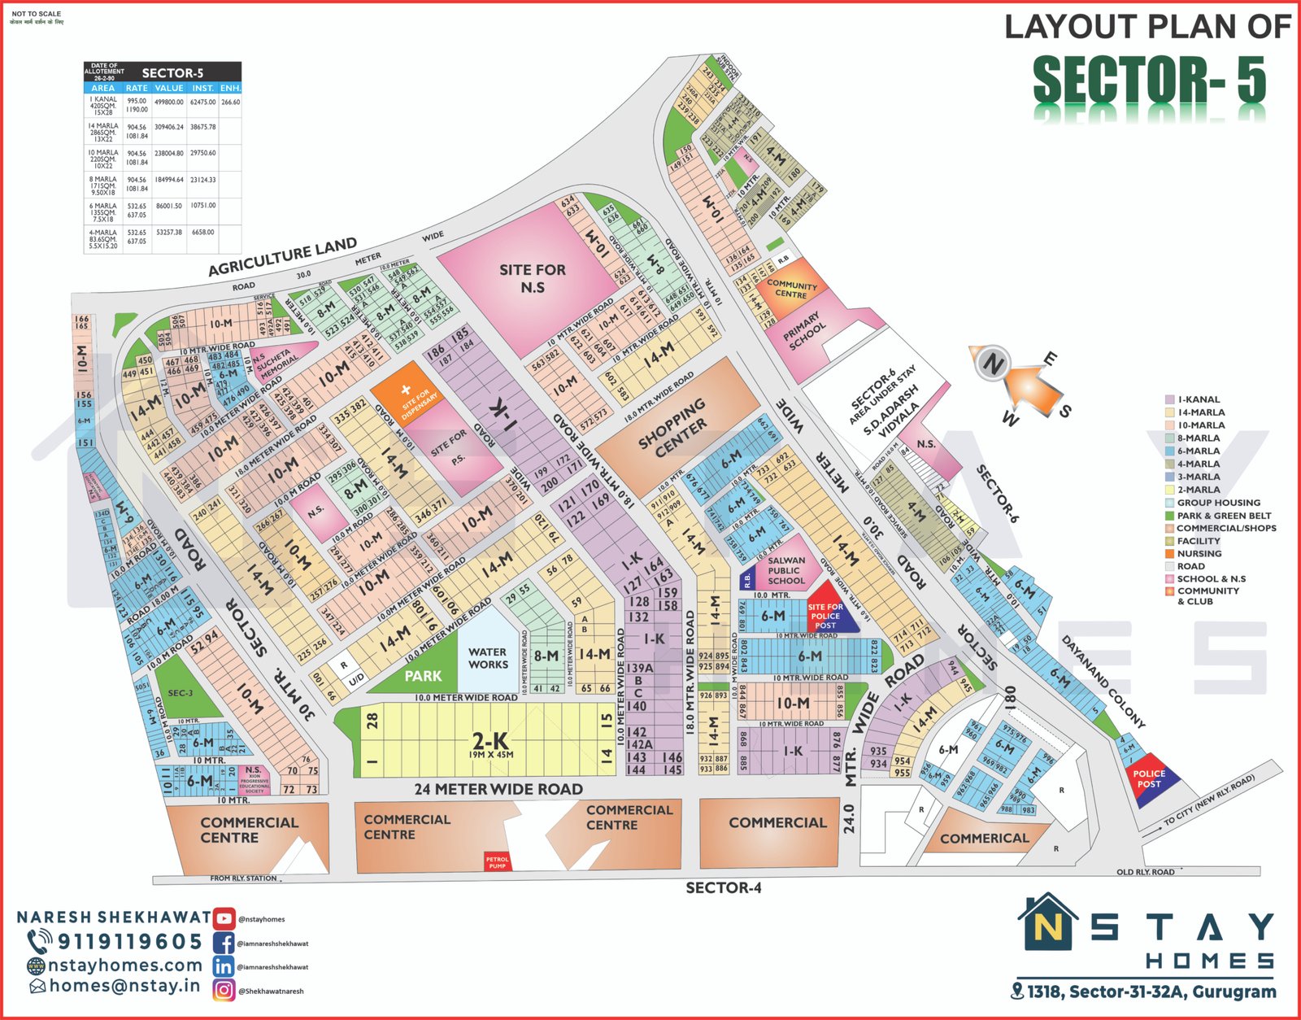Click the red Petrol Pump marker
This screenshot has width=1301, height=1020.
(x=497, y=862)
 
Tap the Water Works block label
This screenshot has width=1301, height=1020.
(x=488, y=658)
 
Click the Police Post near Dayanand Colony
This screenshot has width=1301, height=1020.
(x=1149, y=779)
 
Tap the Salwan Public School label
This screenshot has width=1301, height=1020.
(x=786, y=570)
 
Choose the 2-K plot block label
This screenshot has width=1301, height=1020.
(x=490, y=743)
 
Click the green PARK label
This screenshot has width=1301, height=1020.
(x=423, y=676)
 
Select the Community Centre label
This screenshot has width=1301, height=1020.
(x=791, y=289)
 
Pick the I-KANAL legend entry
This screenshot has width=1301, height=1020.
(x=1198, y=399)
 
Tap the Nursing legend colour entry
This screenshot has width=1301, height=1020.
(x=1199, y=554)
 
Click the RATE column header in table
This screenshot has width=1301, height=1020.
(x=137, y=88)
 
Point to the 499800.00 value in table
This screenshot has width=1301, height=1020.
(x=169, y=102)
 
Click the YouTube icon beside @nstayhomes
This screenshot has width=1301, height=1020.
(x=224, y=918)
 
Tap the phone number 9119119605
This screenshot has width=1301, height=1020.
(x=129, y=942)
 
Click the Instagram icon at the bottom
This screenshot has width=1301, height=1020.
(x=224, y=990)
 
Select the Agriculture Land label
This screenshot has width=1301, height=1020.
(x=282, y=257)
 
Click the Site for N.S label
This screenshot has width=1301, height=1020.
(x=533, y=278)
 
